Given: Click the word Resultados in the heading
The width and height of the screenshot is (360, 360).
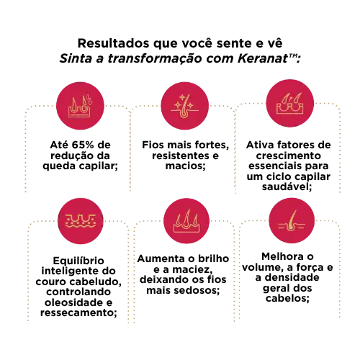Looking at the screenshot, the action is (x=114, y=43).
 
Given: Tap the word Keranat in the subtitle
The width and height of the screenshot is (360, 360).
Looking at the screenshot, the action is (x=263, y=58).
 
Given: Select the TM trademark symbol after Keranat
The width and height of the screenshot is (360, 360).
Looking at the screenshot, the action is (x=292, y=56).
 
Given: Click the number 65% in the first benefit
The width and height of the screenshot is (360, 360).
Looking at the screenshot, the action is (x=83, y=145).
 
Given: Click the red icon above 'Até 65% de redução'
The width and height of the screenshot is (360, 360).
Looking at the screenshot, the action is (x=80, y=106).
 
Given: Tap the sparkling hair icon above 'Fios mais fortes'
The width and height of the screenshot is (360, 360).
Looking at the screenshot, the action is (x=184, y=106).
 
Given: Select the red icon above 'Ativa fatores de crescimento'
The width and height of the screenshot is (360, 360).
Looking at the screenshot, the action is (x=290, y=104).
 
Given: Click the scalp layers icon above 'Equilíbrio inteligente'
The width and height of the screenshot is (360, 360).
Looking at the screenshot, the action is (x=81, y=221).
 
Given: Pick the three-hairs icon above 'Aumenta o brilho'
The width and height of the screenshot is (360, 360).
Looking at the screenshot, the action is (x=186, y=221).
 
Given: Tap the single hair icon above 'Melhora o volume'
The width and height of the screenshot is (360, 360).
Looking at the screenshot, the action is (x=292, y=221).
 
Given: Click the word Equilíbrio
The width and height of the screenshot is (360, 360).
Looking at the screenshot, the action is (x=78, y=261).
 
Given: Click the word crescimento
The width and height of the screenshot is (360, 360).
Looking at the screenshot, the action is (x=289, y=156).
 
